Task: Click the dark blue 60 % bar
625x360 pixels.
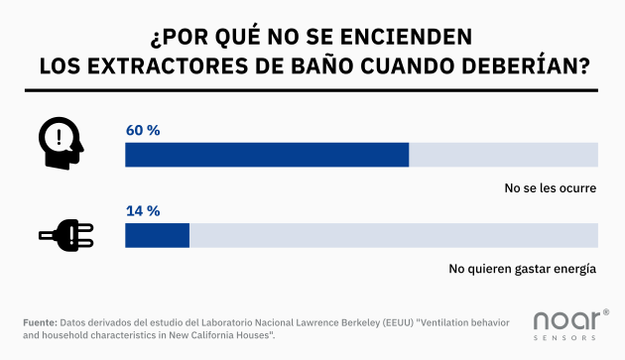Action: tap(266, 155)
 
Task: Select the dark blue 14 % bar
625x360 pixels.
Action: tap(157, 235)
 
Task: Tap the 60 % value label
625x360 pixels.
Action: tap(143, 130)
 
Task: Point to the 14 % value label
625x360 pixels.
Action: tap(143, 210)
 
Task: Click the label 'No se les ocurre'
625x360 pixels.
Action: tap(550, 187)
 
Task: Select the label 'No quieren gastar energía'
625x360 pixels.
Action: tap(522, 268)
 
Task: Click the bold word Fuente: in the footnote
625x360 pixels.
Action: tap(40, 323)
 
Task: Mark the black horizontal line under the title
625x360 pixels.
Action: tap(312, 91)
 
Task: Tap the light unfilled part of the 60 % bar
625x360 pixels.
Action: tap(503, 155)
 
